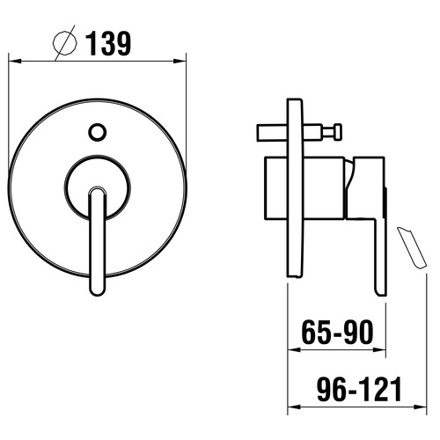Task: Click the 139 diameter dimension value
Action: pyautogui.click(x=108, y=43)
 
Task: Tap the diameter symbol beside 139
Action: pyautogui.click(x=64, y=43)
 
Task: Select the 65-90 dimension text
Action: pyautogui.click(x=338, y=333)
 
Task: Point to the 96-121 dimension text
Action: pyautogui.click(x=360, y=389)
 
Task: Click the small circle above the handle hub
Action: pyautogui.click(x=97, y=132)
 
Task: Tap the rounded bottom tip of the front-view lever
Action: pyautogui.click(x=97, y=293)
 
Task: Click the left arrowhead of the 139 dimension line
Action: pyautogui.click(x=15, y=61)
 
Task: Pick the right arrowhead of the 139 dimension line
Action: pyautogui.click(x=180, y=61)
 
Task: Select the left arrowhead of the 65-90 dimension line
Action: pyautogui.click(x=294, y=349)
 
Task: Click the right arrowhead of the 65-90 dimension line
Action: pyautogui.click(x=379, y=349)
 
